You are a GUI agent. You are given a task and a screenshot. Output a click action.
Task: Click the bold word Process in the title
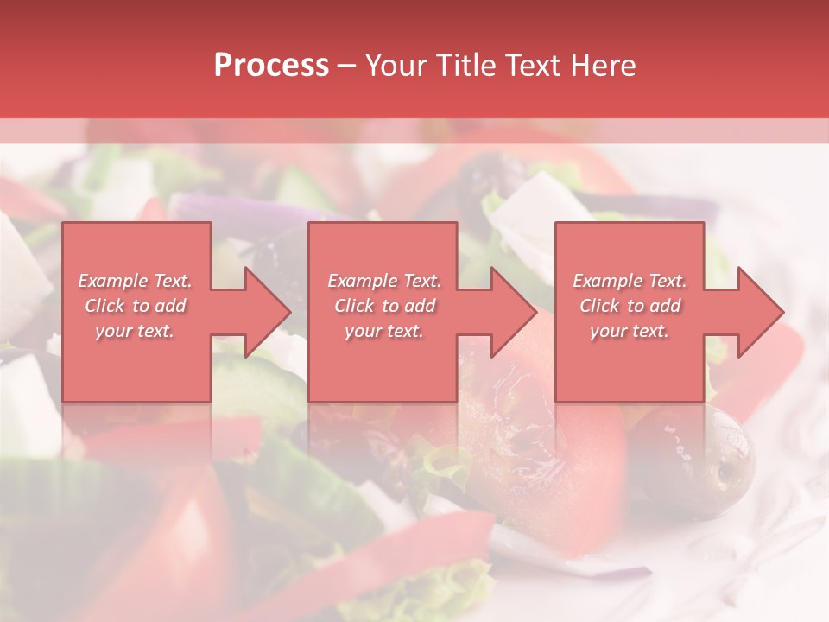pyautogui.click(x=271, y=66)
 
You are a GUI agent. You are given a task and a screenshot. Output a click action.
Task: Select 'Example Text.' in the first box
pyautogui.click(x=136, y=281)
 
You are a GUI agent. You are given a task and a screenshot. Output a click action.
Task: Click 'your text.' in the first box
pyautogui.click(x=136, y=330)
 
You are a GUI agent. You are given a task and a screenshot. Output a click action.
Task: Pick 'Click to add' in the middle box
pyautogui.click(x=384, y=306)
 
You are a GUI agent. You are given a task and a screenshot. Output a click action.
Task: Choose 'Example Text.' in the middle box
pyautogui.click(x=384, y=281)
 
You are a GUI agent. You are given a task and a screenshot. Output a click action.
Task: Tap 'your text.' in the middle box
pyautogui.click(x=384, y=330)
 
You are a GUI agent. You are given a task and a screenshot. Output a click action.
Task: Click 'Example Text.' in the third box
pyautogui.click(x=630, y=281)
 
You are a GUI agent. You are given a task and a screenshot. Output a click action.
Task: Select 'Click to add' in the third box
pyautogui.click(x=630, y=306)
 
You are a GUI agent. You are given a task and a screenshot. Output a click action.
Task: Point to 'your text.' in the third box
pyautogui.click(x=630, y=330)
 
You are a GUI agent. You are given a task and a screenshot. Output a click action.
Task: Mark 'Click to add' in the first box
pyautogui.click(x=136, y=306)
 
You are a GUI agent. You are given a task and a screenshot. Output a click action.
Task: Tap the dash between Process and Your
pyautogui.click(x=346, y=66)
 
